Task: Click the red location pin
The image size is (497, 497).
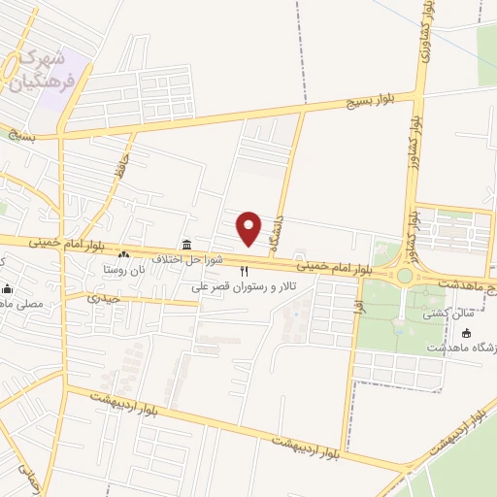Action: [249, 227]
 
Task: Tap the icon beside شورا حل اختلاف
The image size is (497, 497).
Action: [185, 244]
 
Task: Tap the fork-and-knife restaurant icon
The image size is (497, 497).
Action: [245, 271]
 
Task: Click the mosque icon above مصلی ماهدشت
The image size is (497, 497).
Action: [9, 288]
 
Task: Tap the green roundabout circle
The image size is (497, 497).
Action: [405, 276]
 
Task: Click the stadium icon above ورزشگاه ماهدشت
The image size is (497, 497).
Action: [466, 333]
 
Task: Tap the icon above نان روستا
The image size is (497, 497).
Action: [123, 254]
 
